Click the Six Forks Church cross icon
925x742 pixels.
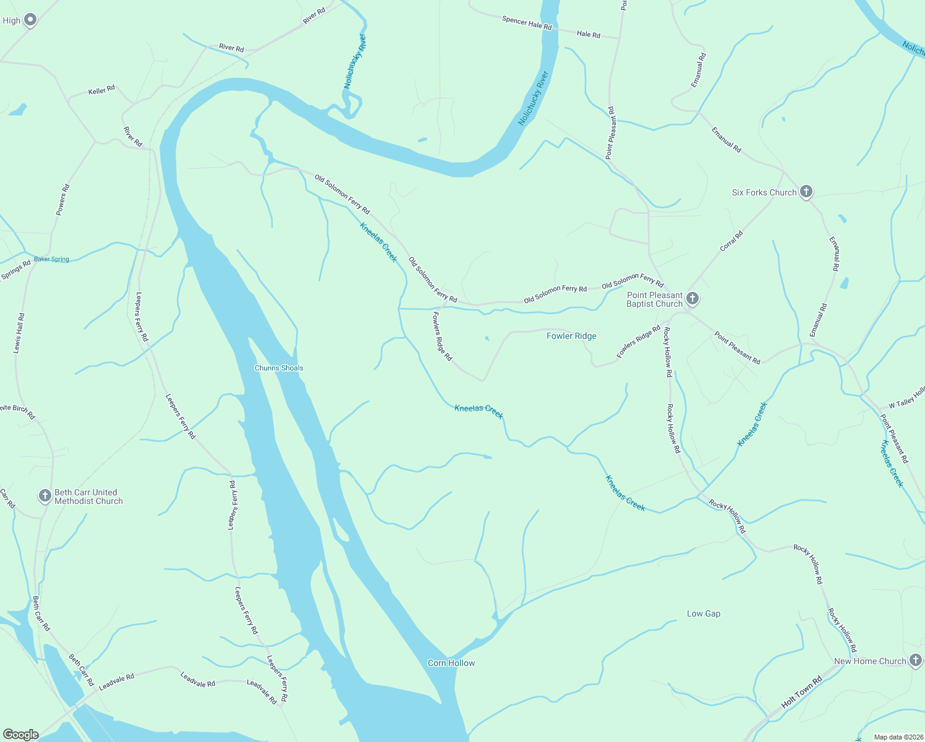(x=806, y=192)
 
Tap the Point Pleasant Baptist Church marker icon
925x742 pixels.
(x=693, y=299)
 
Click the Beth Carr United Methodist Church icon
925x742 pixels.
(x=45, y=496)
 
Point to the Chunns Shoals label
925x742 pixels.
(x=279, y=368)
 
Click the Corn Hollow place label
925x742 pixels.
(x=451, y=663)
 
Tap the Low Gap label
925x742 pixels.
(x=704, y=613)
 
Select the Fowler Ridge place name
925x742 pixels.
(x=571, y=336)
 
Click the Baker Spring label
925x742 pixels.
(x=51, y=259)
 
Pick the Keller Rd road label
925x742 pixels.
(x=101, y=90)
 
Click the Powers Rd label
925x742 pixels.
(x=62, y=200)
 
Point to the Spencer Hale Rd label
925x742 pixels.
(x=526, y=23)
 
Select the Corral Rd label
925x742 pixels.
(x=731, y=241)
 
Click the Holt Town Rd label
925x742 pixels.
(x=801, y=693)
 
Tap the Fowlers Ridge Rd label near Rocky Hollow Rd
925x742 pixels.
(x=639, y=342)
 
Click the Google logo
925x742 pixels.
(x=21, y=735)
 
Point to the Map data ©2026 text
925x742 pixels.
(x=897, y=737)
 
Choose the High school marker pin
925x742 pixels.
(x=29, y=20)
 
